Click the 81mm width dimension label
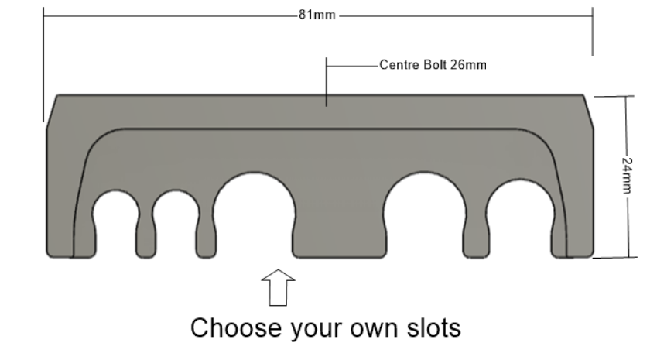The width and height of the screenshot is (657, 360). [x=317, y=15]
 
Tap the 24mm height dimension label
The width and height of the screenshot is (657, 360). [x=627, y=176]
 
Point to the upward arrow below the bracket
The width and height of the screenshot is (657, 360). [x=279, y=287]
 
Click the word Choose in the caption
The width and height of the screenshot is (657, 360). [x=236, y=327]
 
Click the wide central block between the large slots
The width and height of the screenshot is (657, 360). [x=340, y=235]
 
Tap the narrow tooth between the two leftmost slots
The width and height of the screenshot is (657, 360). [x=145, y=239]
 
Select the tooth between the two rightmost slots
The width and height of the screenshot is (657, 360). [x=476, y=239]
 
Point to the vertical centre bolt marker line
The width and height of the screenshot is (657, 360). [x=327, y=82]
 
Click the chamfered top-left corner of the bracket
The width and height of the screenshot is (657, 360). [x=51, y=111]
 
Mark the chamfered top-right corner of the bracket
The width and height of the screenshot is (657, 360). [x=588, y=111]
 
